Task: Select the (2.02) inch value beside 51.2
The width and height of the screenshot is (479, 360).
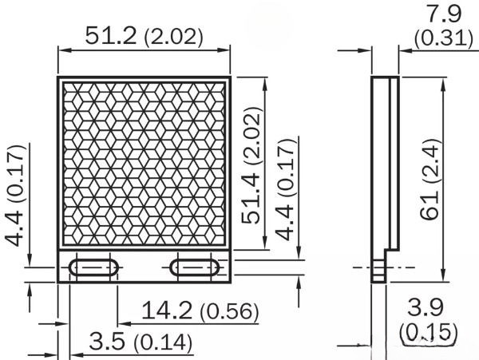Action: click(172, 37)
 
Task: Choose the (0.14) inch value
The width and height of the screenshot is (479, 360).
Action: click(163, 343)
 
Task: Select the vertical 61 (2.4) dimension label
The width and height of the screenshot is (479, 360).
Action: click(431, 180)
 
